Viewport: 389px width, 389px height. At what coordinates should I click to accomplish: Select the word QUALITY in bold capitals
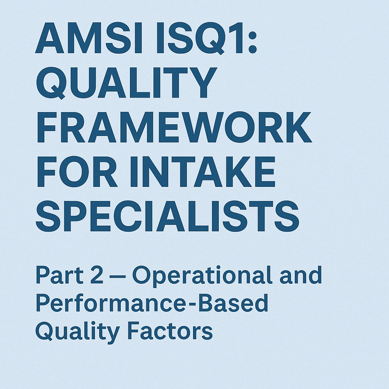(127, 83)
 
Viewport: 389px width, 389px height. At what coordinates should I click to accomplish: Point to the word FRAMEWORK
(174, 127)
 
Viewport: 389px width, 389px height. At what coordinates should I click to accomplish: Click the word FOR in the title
(77, 172)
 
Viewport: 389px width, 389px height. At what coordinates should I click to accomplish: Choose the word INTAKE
(202, 172)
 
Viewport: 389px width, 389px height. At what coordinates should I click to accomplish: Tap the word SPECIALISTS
(168, 216)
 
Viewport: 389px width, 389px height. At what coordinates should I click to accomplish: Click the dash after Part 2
(118, 276)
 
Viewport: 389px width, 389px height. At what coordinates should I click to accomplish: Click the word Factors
(170, 331)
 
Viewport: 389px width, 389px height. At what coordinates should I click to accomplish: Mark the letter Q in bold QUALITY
(51, 83)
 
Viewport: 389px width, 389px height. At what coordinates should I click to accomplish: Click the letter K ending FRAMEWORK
(297, 127)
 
